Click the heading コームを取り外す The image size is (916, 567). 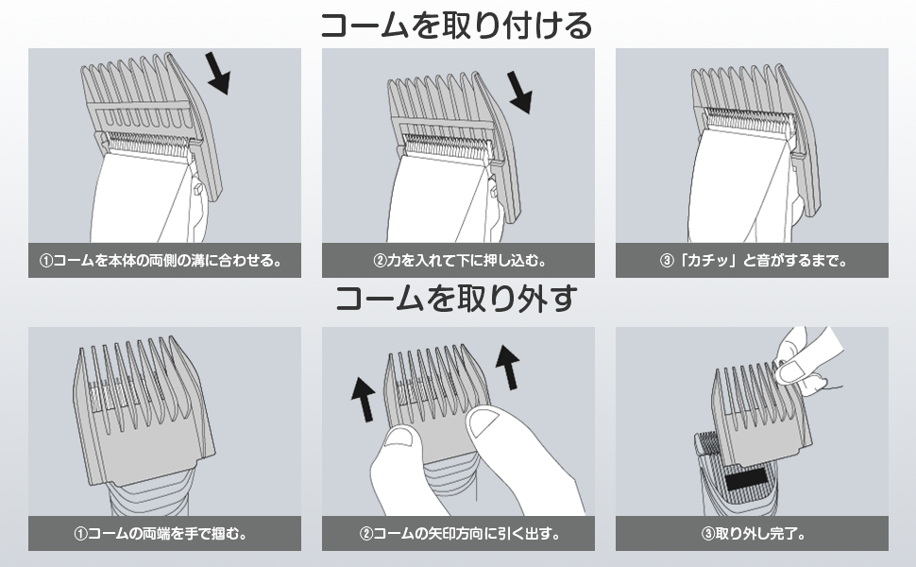click(457, 301)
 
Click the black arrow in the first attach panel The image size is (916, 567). click(218, 73)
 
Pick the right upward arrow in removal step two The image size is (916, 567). click(507, 367)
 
